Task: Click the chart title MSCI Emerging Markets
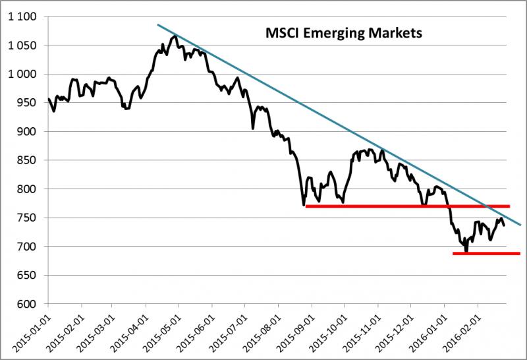click(343, 32)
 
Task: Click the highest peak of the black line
click(175, 36)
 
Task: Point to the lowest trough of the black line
click(466, 251)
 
